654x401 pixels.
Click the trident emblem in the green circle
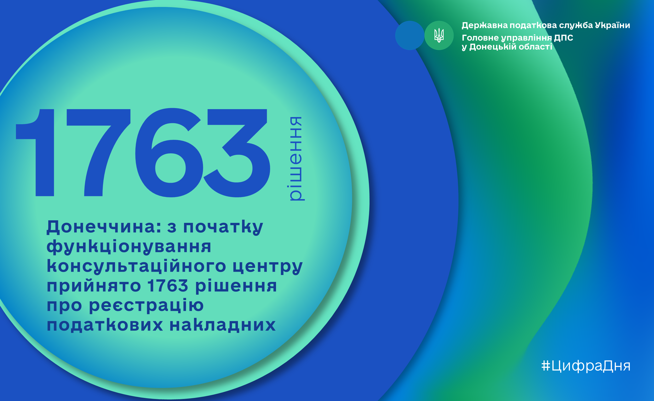click(439, 35)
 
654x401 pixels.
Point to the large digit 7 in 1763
click(98, 153)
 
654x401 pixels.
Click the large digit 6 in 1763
click(169, 153)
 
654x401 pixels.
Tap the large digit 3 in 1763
click(237, 153)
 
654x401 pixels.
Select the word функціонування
click(129, 247)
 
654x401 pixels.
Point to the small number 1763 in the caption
click(168, 285)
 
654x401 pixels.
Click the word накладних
click(223, 325)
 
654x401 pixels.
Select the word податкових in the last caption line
click(105, 325)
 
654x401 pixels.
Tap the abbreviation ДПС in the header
click(564, 38)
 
